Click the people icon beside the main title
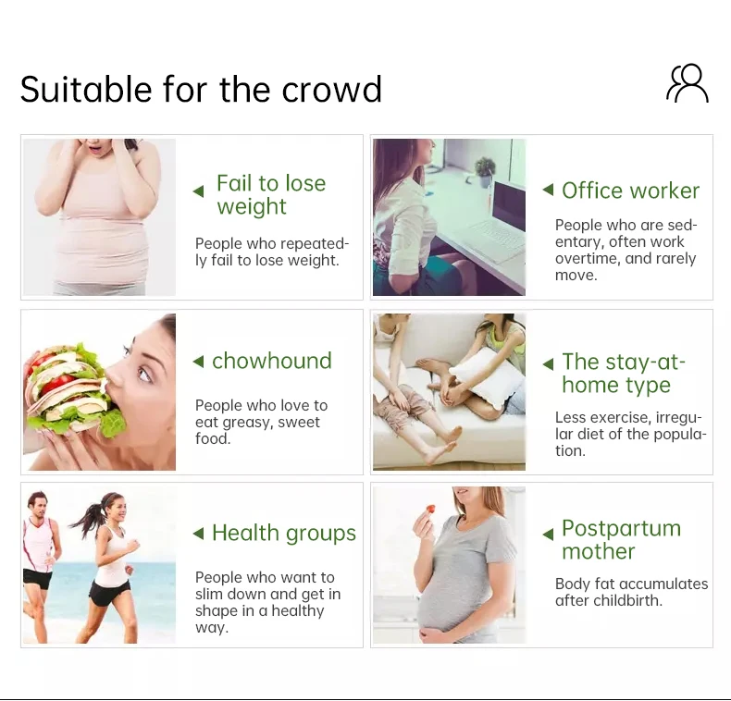point(688,83)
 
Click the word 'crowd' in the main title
point(331,89)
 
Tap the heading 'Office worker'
point(630,191)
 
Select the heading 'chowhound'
point(272,361)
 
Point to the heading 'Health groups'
point(284,534)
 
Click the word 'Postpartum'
point(622,529)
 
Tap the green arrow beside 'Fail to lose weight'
point(199,191)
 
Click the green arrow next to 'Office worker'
point(548,190)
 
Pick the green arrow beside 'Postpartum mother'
point(548,535)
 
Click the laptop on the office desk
point(502,220)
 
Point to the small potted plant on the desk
point(485,171)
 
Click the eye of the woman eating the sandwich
point(144,374)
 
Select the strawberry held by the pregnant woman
point(430,509)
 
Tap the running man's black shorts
point(38,578)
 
